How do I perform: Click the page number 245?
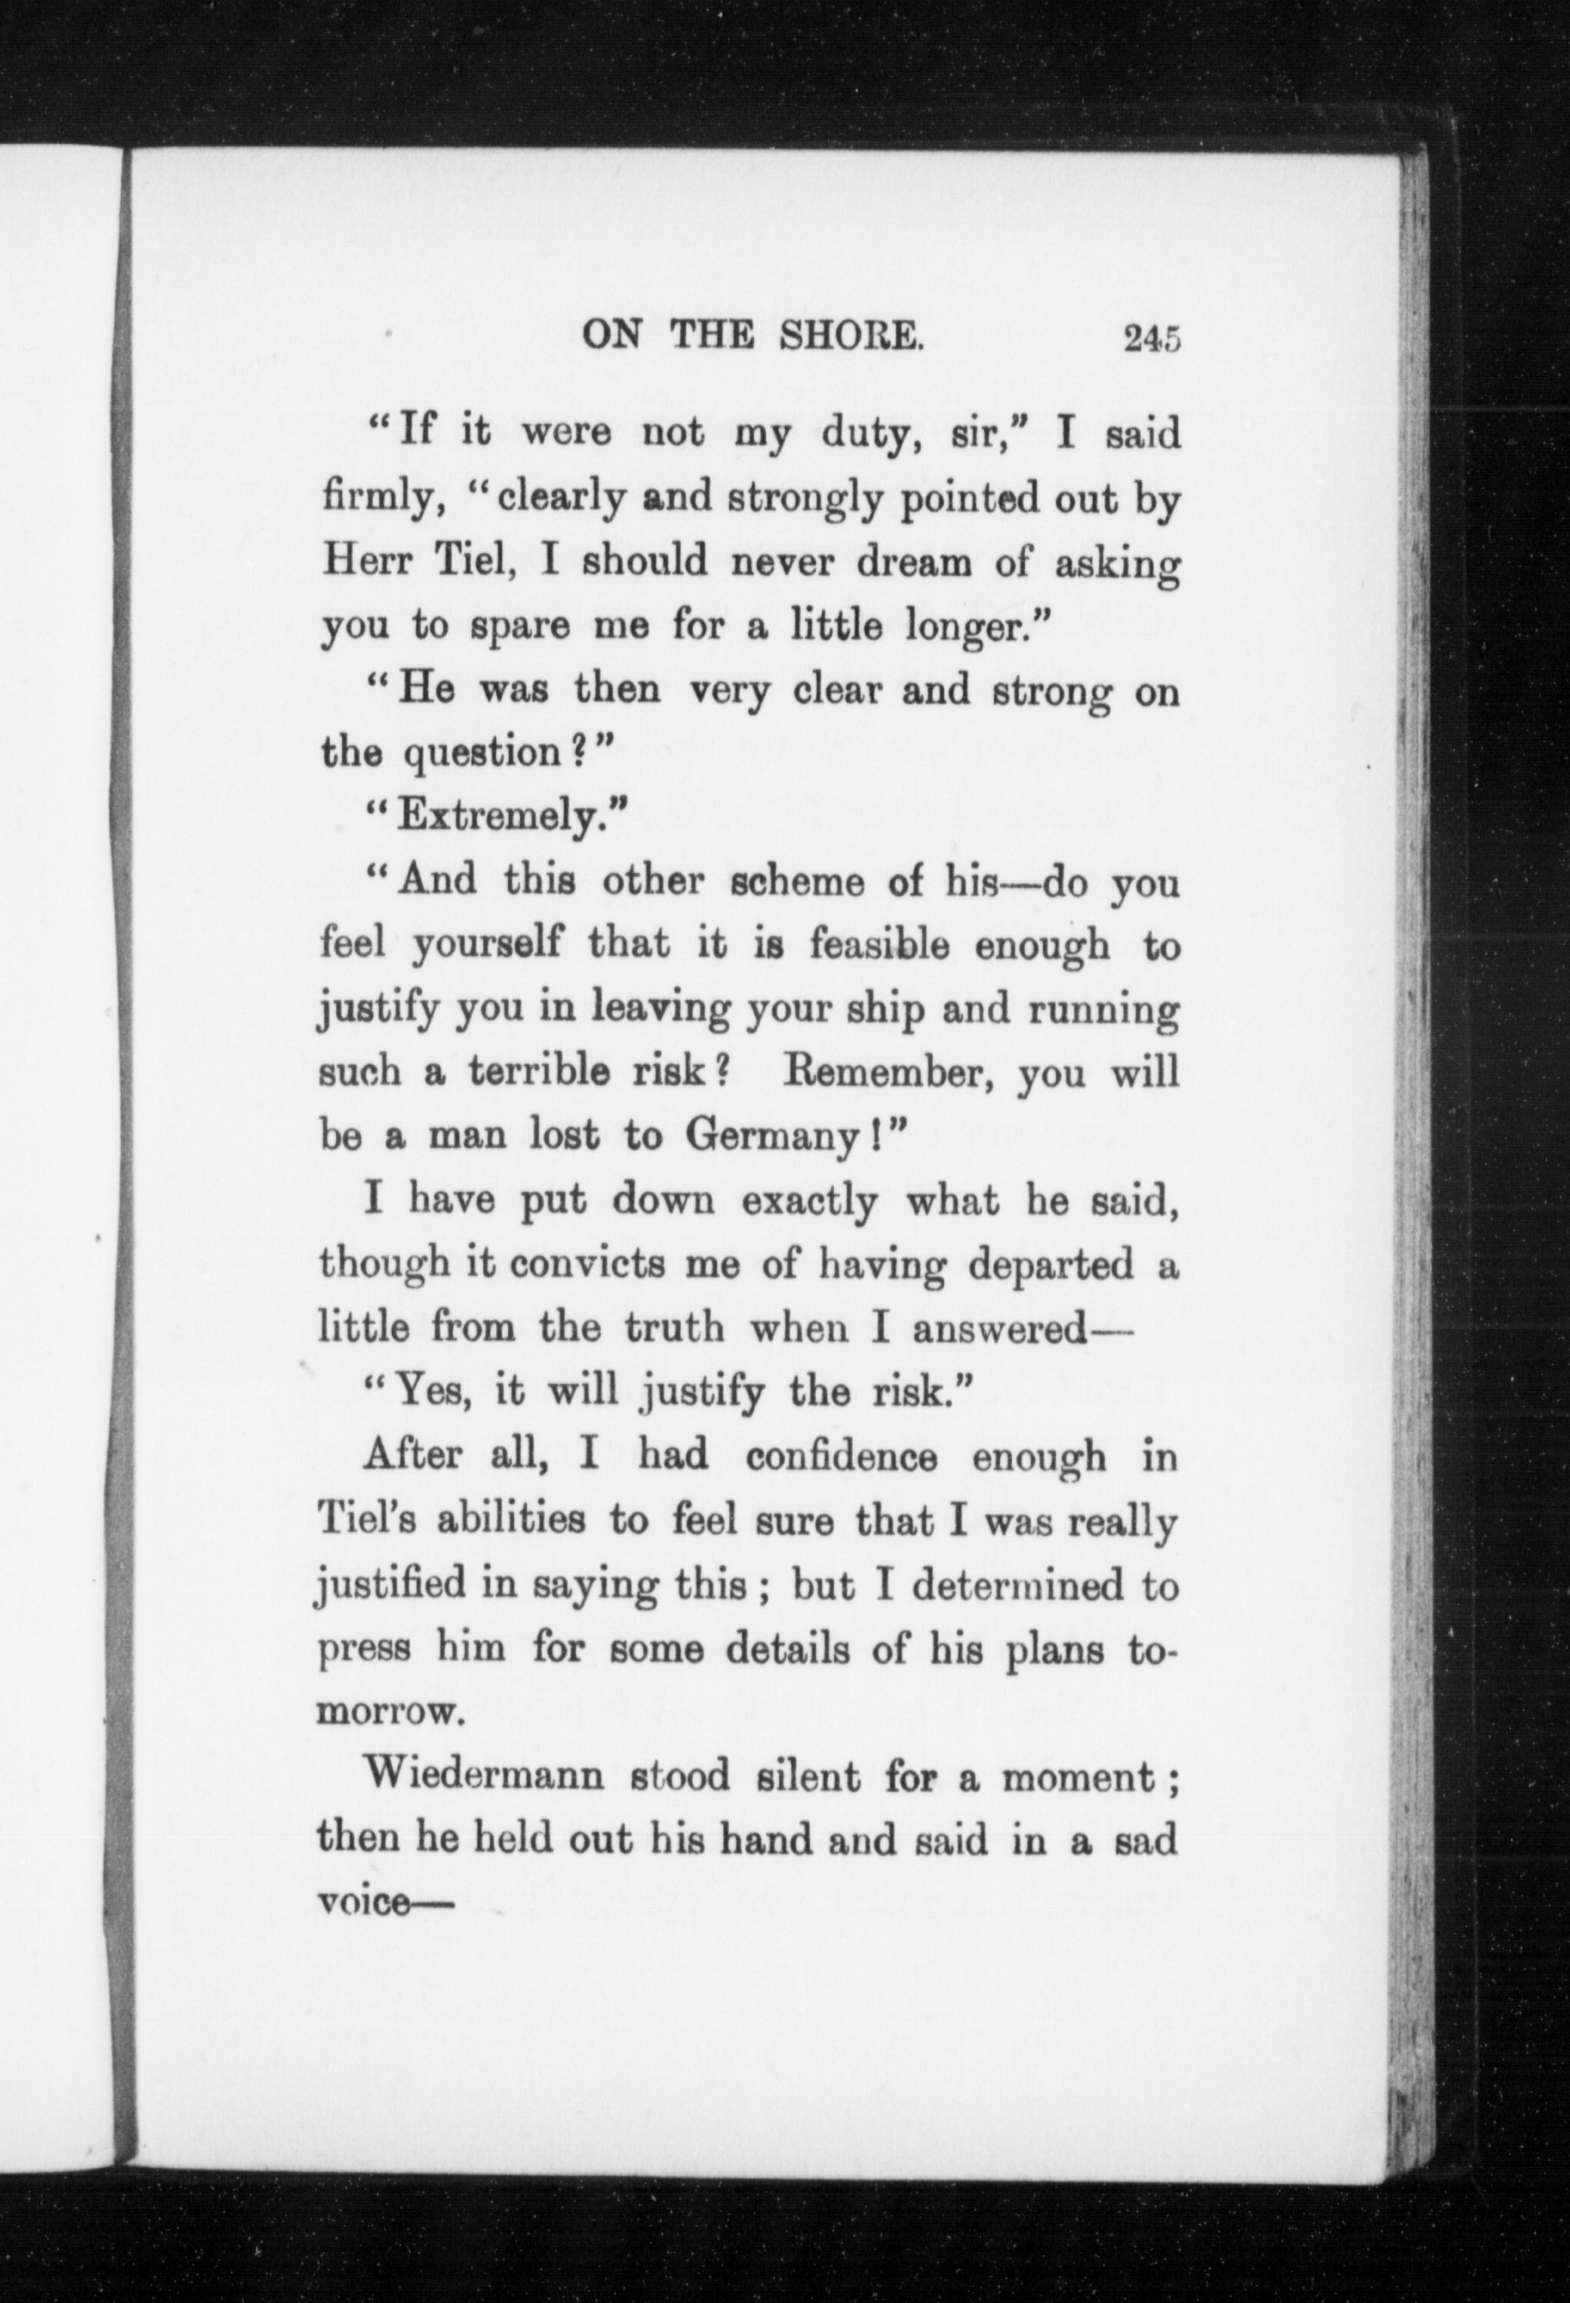click(1151, 339)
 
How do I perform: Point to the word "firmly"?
click(380, 499)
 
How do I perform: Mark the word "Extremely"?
click(496, 817)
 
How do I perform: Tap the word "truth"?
click(674, 1328)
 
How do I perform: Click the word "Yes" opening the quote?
click(427, 1392)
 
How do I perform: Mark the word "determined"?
click(1019, 1584)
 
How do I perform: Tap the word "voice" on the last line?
click(363, 1903)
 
